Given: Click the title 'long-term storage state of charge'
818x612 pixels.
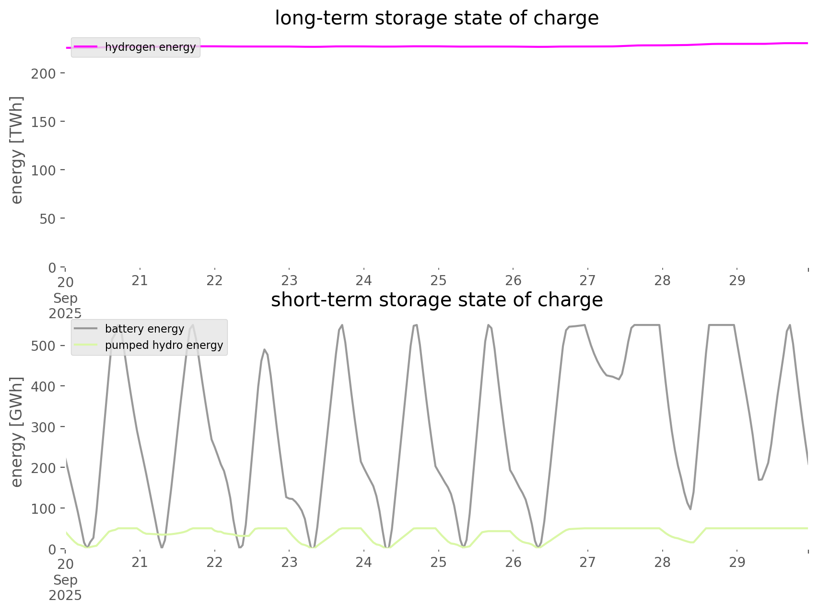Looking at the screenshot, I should [436, 18].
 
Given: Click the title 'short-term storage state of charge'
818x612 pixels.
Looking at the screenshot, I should [436, 300].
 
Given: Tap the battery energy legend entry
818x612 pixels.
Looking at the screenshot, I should [144, 329].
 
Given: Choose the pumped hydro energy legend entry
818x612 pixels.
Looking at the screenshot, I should [164, 345].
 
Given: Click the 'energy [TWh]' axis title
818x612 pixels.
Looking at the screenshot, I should [17, 150].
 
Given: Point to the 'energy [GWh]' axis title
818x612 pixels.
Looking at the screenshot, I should [17, 432].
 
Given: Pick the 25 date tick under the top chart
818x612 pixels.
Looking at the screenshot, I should [438, 281].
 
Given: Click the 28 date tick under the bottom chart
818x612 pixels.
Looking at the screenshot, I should [662, 563].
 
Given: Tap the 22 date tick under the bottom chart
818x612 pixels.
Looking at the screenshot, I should [214, 563].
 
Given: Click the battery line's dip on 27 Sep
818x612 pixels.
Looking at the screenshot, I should [619, 380].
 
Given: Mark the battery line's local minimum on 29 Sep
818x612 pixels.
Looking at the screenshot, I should [759, 480].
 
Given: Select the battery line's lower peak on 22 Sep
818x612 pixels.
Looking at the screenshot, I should [264, 349].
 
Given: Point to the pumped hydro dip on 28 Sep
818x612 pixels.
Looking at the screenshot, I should [692, 543].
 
